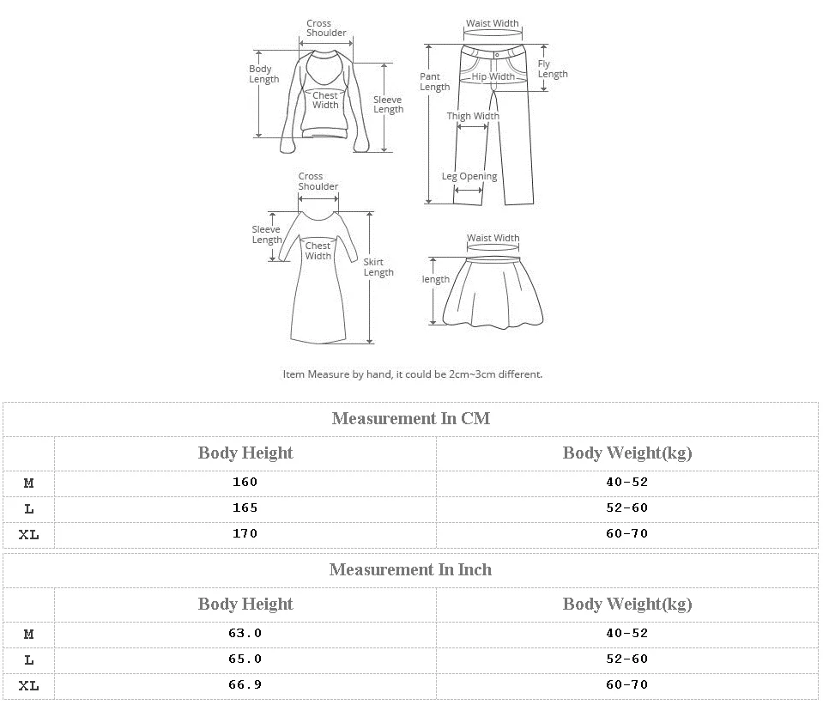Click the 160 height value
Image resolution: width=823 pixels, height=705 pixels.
coord(245,482)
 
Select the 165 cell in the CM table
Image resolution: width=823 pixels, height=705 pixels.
coord(245,507)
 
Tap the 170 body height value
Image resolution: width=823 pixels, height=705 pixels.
coord(245,533)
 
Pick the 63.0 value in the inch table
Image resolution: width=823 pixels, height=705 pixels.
coord(245,633)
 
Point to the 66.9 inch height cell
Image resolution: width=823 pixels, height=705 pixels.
coord(245,684)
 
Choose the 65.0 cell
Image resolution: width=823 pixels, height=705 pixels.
coord(245,659)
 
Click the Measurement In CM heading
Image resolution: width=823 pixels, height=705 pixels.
coord(410,418)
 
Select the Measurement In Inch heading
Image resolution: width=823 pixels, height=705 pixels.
coord(410,569)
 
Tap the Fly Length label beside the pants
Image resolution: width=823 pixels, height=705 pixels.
coord(553,69)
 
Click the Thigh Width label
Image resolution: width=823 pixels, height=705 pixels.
coord(472,116)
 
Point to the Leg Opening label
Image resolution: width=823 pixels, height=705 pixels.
coord(469,176)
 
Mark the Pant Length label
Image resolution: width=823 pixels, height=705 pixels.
coord(434,82)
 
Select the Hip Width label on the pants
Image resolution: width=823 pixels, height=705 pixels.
coord(493,76)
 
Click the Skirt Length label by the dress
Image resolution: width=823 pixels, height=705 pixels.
coord(378,267)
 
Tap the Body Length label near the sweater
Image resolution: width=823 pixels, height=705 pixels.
coord(263,74)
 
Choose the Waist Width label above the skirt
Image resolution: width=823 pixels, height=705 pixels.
coord(493,238)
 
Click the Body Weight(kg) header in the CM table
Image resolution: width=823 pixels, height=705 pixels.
coord(626,453)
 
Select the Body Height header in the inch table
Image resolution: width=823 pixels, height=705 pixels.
coord(245,604)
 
